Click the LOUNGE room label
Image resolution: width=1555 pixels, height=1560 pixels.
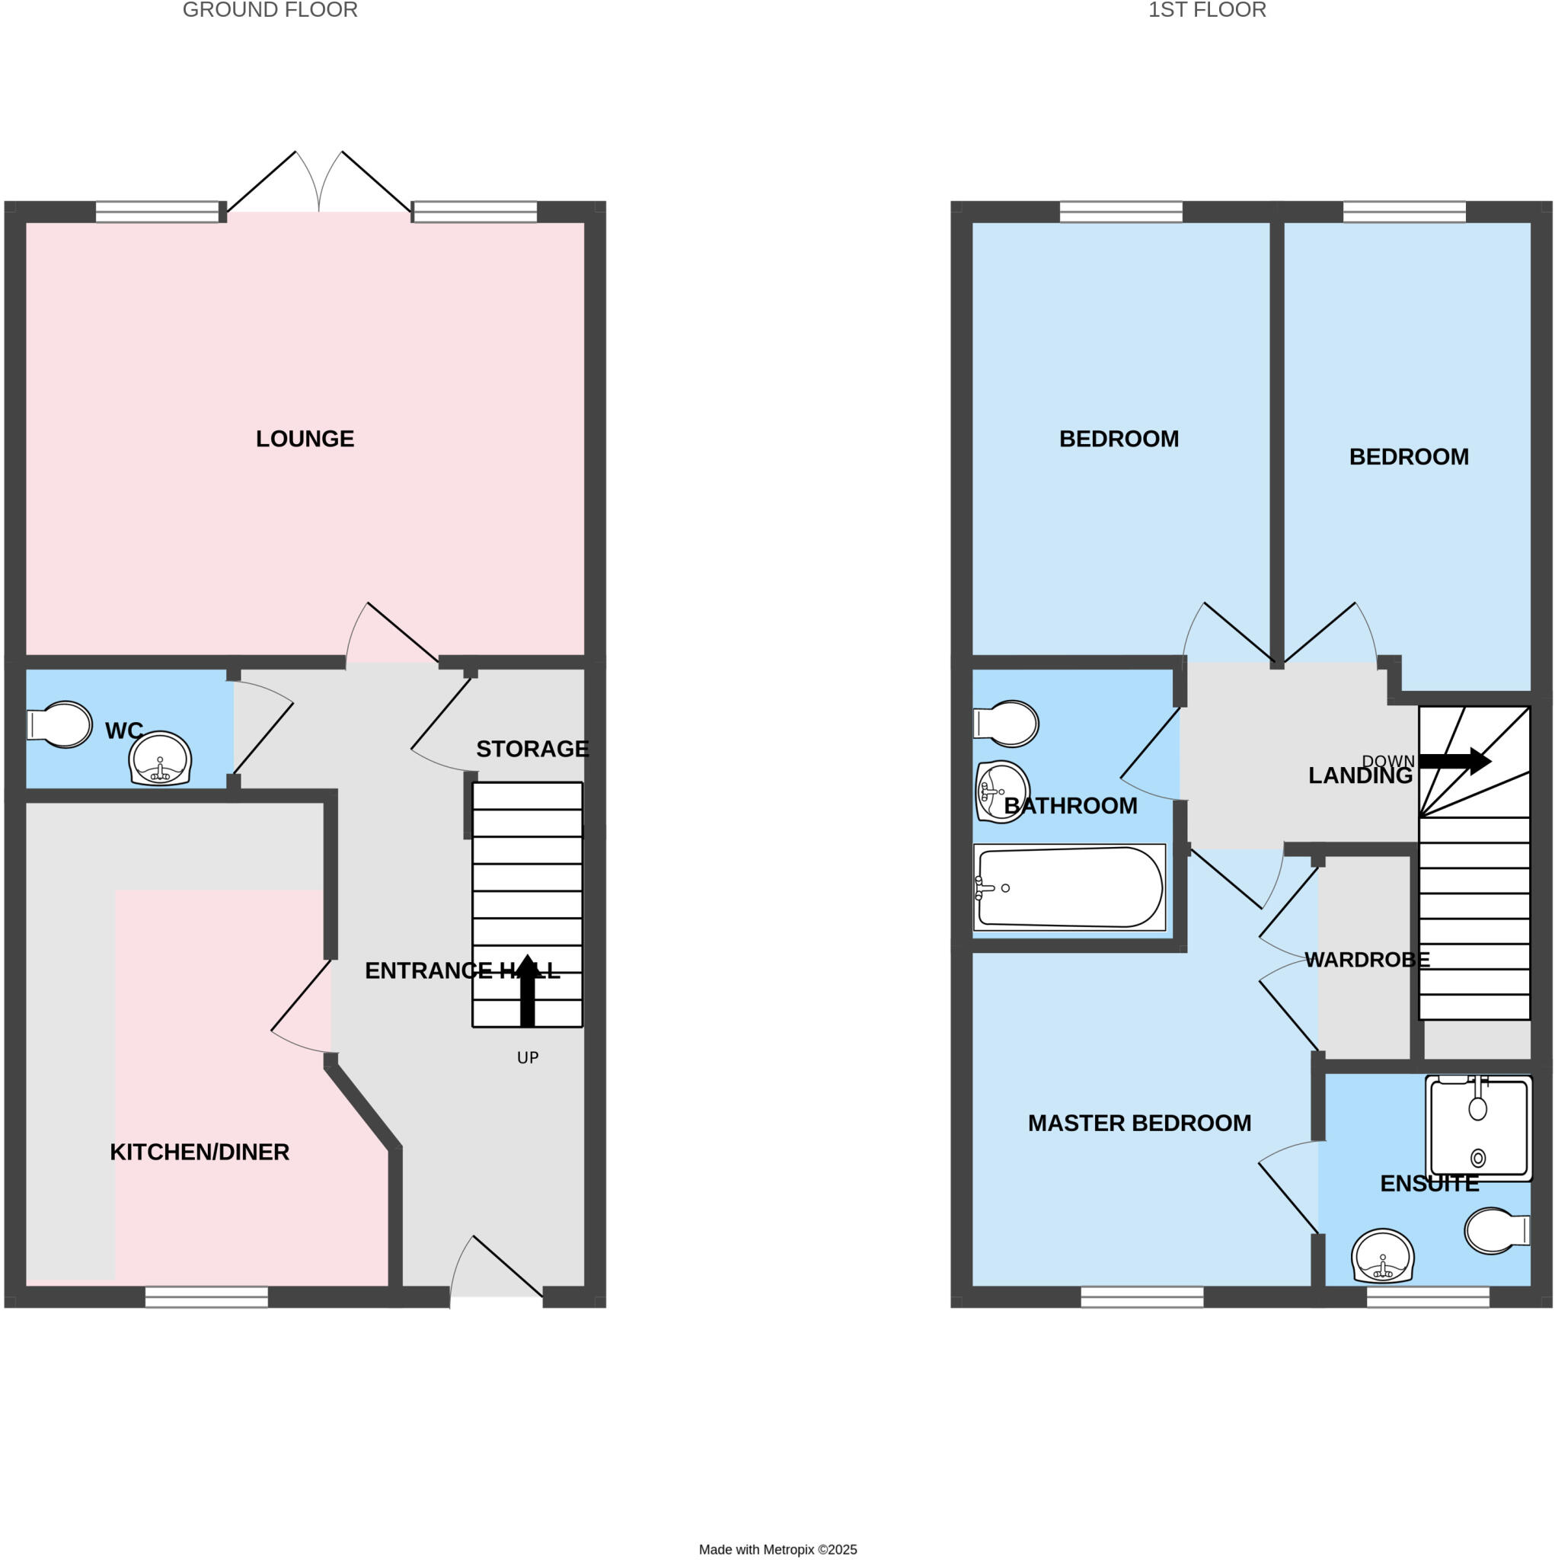[305, 439]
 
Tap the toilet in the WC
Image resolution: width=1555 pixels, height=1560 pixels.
[63, 724]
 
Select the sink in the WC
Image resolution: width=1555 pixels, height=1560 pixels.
[160, 759]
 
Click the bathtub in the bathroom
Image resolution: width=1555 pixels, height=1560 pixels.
[1069, 887]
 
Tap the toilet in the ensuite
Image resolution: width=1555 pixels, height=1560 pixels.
[1496, 1231]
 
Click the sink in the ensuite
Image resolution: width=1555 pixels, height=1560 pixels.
[1383, 1256]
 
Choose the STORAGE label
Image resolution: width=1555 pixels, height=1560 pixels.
[532, 749]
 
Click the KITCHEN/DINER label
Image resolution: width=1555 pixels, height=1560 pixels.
[200, 1152]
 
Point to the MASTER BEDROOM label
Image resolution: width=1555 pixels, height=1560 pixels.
[1139, 1122]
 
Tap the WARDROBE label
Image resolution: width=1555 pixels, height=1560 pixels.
[1367, 959]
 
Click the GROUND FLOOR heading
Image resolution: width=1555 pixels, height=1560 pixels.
[270, 11]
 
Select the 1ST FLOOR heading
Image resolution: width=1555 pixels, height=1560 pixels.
[1207, 11]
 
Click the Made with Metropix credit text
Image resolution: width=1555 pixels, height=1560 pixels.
[777, 1549]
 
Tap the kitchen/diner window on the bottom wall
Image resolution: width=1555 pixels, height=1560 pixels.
[206, 1296]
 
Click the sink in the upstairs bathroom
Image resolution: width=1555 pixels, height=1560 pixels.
[1002, 791]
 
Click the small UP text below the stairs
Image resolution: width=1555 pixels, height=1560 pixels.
[527, 1058]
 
